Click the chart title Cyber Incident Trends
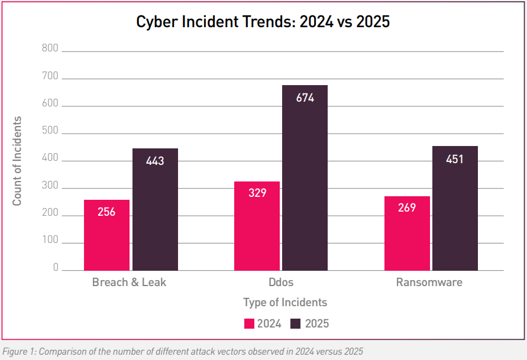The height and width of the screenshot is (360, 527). pos(263,22)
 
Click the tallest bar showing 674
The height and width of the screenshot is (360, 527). pos(305,177)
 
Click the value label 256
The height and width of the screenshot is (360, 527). pos(106,212)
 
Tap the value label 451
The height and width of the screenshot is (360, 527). pos(455,159)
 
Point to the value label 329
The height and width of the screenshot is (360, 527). pos(257,193)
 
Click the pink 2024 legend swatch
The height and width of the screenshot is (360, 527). pos(249,323)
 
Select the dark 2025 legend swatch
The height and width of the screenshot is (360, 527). pos(295,323)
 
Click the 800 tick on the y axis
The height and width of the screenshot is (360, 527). pos(50,48)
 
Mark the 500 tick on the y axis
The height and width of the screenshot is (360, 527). pos(50,131)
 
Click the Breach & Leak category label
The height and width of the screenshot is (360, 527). pos(129,282)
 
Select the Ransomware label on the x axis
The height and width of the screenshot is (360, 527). pos(429,282)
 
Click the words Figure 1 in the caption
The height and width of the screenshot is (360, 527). pos(17,351)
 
